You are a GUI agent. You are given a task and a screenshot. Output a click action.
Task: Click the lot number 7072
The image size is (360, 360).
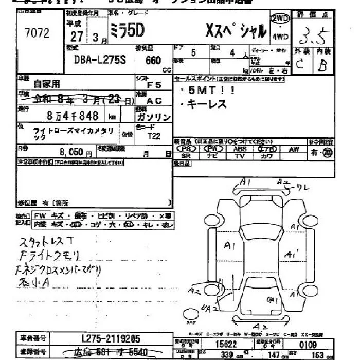click(37, 33)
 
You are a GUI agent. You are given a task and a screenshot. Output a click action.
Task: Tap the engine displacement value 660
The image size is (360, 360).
click(153, 60)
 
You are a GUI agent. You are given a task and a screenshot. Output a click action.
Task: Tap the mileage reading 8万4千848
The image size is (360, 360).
click(72, 116)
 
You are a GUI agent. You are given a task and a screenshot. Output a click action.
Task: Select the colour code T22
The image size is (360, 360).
click(154, 136)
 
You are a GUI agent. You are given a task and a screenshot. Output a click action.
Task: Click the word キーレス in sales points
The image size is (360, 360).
click(208, 104)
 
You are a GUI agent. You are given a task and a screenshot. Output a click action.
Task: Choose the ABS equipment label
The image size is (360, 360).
click(240, 149)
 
